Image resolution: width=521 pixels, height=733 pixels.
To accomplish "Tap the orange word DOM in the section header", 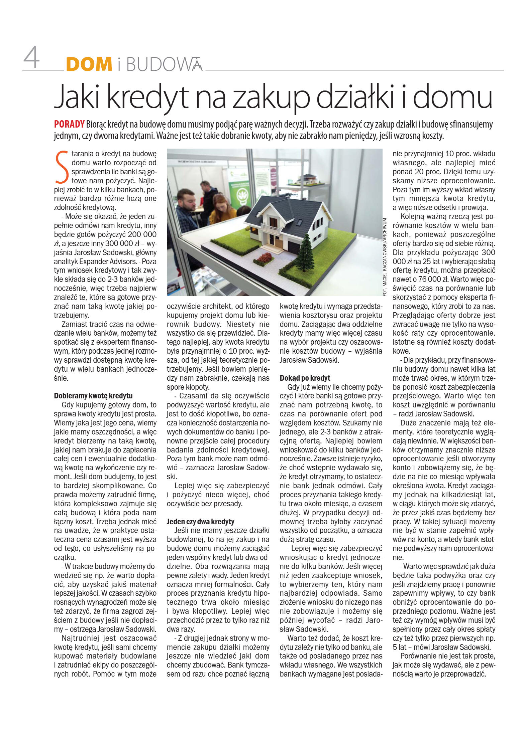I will click(x=89, y=64).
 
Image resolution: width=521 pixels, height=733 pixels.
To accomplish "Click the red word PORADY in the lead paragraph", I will click(x=69, y=125).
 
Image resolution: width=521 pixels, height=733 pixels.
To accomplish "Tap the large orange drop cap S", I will click(x=62, y=167).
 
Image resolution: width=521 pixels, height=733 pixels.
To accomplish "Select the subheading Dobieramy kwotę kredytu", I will click(x=93, y=396).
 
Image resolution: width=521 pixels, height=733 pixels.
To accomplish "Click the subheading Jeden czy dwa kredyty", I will click(x=200, y=522).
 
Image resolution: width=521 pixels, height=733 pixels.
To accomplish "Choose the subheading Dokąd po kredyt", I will click(x=305, y=378).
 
